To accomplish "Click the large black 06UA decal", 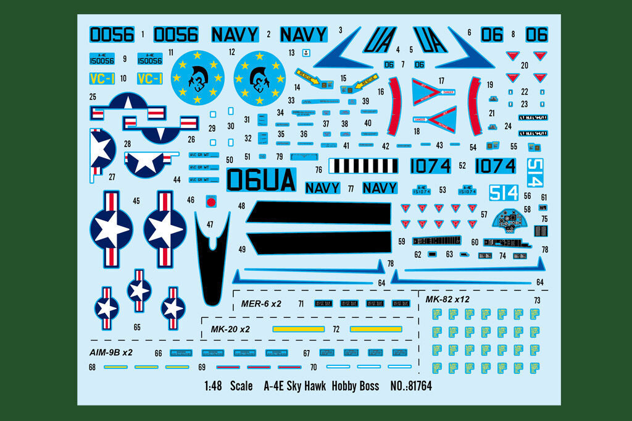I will [261, 180].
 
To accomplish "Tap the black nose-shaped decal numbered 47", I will [211, 260].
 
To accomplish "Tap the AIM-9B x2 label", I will [111, 352].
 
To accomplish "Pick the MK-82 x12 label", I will [447, 299].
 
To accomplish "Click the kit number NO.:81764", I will [411, 386].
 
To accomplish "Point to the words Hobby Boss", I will [354, 386].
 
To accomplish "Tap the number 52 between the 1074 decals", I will [462, 166].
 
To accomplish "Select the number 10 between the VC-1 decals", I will [123, 79].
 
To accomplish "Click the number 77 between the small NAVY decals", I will [351, 189].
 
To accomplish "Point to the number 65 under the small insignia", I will [137, 327].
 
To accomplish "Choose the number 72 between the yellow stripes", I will [336, 330].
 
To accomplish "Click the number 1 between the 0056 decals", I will [143, 35].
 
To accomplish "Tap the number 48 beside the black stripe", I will [241, 206].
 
